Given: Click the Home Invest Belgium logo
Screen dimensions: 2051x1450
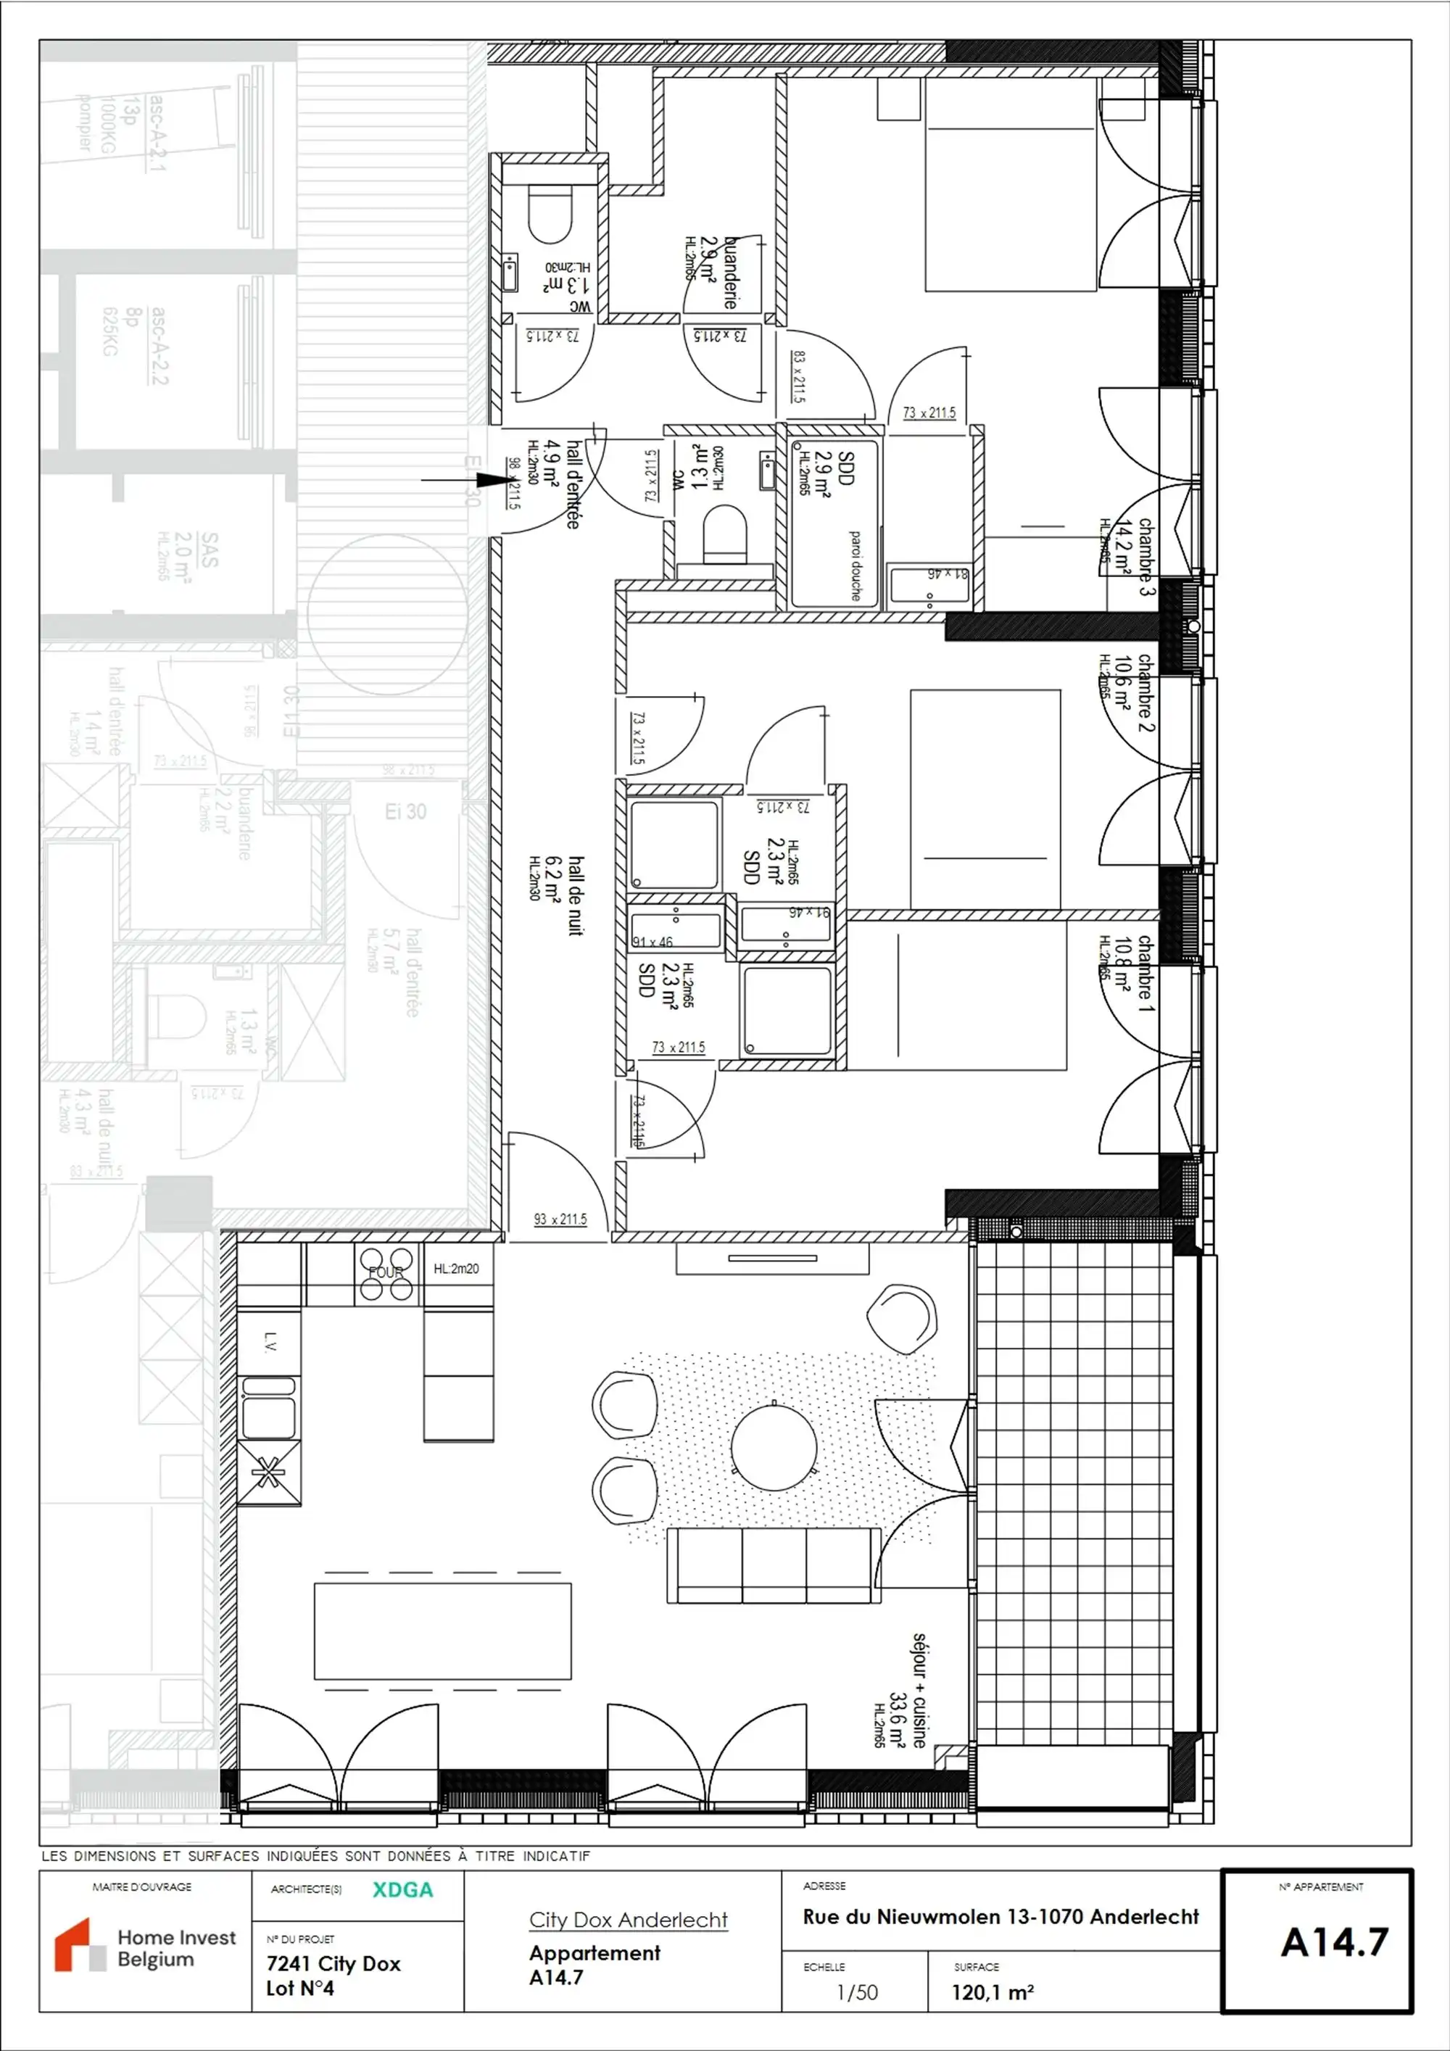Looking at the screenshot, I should (x=146, y=1947).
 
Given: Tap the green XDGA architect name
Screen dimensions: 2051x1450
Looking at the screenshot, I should (x=402, y=1889).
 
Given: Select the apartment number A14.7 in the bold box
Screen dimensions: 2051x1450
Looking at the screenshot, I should (x=1334, y=1943).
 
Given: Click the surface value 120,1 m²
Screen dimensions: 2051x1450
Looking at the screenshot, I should (x=993, y=1992).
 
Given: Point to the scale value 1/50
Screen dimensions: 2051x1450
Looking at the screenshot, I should (x=857, y=1992).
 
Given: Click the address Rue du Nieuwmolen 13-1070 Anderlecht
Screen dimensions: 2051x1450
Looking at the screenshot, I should (x=1000, y=1916).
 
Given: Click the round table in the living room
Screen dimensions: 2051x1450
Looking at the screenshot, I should (x=774, y=1446).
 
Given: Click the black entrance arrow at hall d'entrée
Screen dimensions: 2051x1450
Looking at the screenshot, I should (x=465, y=480).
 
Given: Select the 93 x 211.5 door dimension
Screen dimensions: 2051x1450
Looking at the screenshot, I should (x=560, y=1219).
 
